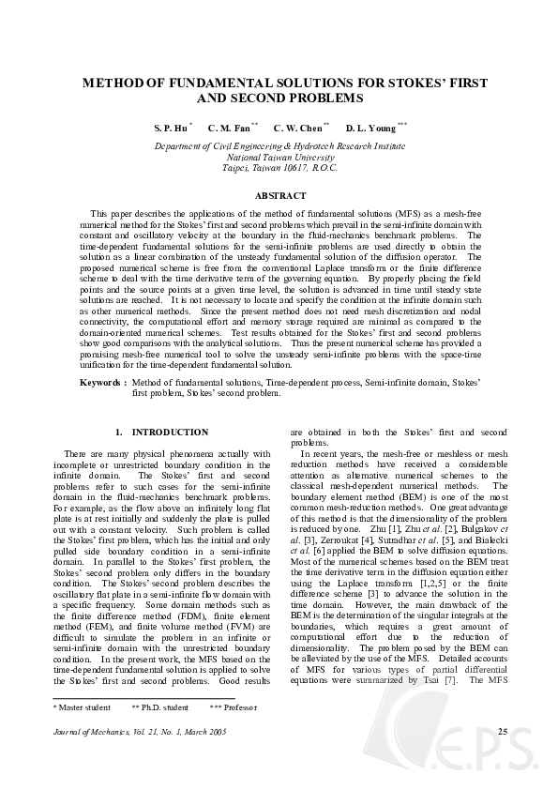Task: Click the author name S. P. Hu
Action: [x=171, y=128]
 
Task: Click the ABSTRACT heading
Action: [x=279, y=195]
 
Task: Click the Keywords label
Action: [x=102, y=384]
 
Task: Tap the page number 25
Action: [x=503, y=756]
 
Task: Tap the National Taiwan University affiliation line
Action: [x=279, y=158]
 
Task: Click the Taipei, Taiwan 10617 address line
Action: [x=279, y=168]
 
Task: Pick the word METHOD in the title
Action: [x=111, y=83]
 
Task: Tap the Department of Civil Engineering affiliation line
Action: [x=279, y=147]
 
